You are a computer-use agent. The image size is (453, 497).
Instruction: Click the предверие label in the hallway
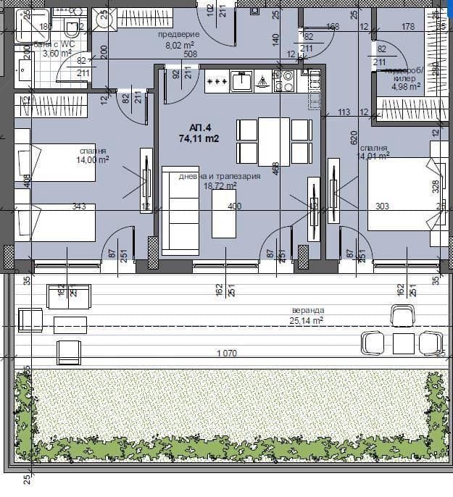178,34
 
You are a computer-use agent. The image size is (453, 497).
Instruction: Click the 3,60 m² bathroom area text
58,53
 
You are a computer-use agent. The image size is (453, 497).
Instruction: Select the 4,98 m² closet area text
406,86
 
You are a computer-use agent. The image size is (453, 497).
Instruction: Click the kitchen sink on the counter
241,82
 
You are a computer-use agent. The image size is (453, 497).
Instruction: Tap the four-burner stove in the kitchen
286,81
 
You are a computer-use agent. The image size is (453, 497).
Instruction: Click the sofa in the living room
179,211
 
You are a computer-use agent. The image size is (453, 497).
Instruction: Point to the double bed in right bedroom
402,193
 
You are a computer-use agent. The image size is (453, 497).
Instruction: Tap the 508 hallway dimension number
191,53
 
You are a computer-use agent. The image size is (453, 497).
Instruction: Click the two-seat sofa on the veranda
68,296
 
